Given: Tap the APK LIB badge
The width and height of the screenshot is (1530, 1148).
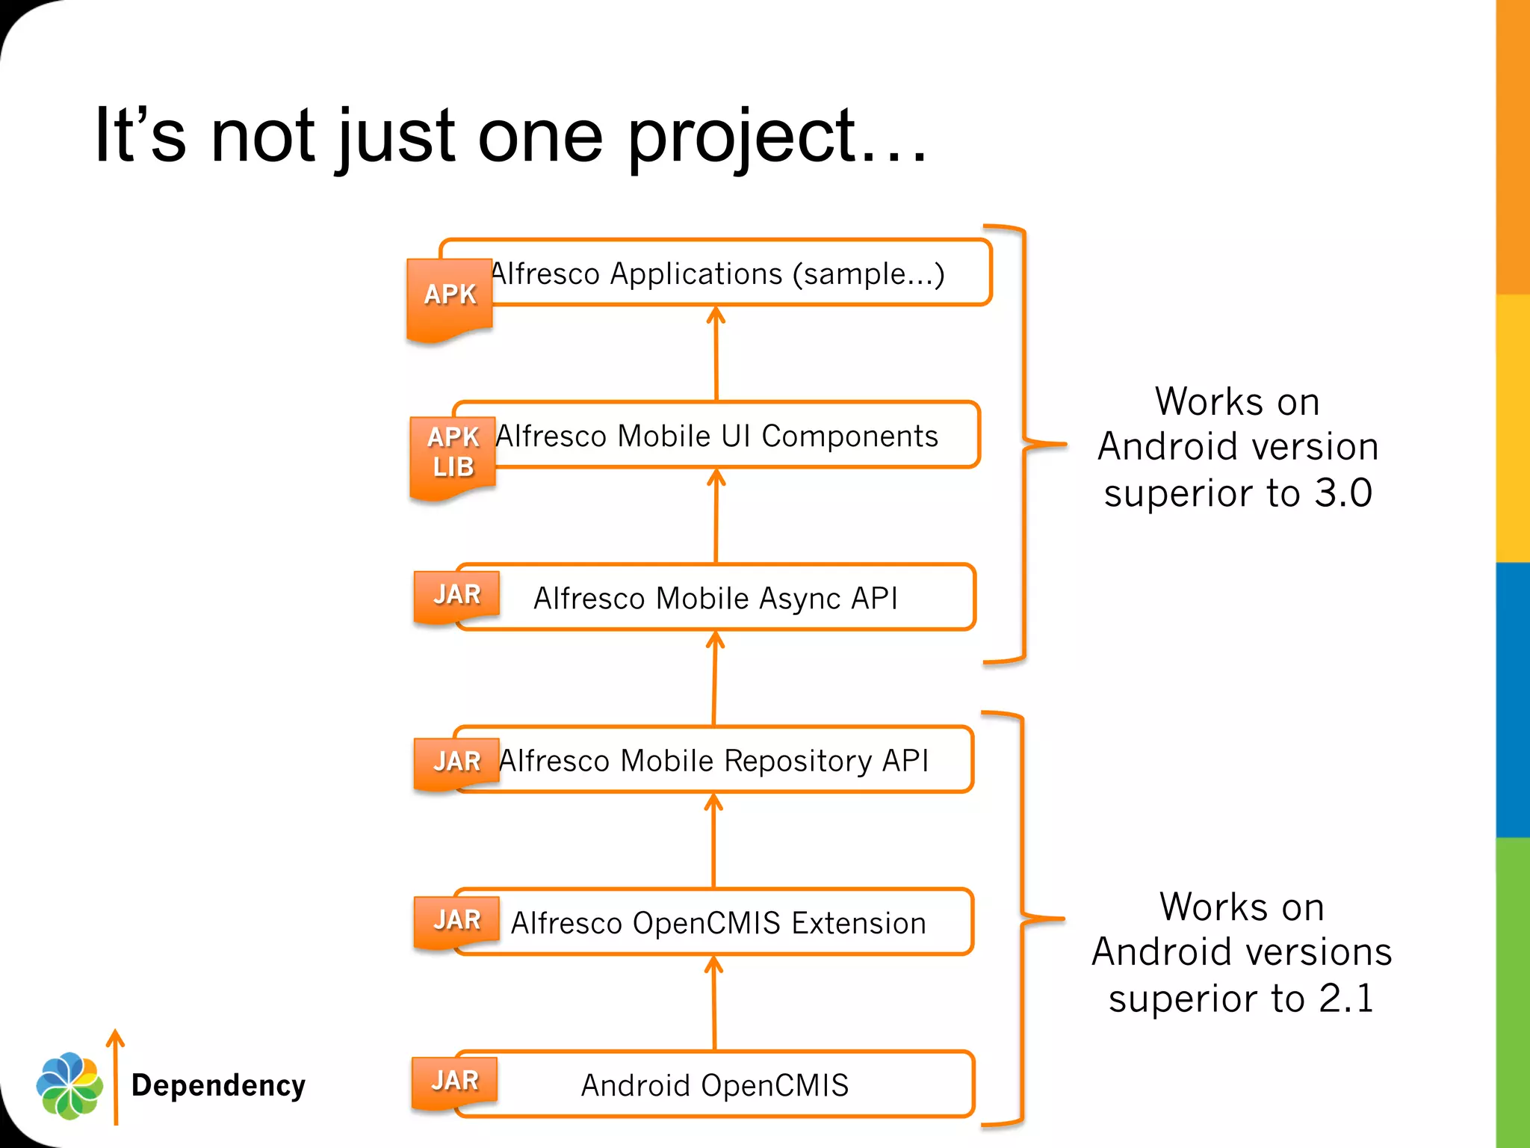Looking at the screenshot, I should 453,454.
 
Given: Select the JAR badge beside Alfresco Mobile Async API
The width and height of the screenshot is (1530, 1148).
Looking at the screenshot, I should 456,596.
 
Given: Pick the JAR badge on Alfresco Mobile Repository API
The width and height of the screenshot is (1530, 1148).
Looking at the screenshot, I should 456,762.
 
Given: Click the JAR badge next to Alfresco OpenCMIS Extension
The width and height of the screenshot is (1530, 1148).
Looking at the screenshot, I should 456,921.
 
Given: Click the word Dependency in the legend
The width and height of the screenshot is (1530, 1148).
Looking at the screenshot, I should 218,1085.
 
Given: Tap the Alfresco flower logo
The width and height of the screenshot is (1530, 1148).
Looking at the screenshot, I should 69,1085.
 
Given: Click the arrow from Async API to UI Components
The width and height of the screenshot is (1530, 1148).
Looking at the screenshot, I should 716,516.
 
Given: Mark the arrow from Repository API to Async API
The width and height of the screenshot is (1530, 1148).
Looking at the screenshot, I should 715,678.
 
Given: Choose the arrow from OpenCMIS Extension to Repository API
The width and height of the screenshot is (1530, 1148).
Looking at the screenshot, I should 714,840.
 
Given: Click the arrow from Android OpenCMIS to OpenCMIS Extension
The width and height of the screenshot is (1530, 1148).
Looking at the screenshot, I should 714,1003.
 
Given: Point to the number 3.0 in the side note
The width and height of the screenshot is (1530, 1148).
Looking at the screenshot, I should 1342,493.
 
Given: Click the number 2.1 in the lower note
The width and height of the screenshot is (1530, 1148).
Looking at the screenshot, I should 1346,999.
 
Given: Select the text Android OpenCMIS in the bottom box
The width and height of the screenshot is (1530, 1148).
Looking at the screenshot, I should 715,1085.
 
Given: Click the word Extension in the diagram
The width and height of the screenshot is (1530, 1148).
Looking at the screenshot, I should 858,924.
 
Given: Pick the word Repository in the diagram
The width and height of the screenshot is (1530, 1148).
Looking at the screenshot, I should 798,761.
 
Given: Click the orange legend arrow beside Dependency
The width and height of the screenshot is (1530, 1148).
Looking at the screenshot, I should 116,1076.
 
